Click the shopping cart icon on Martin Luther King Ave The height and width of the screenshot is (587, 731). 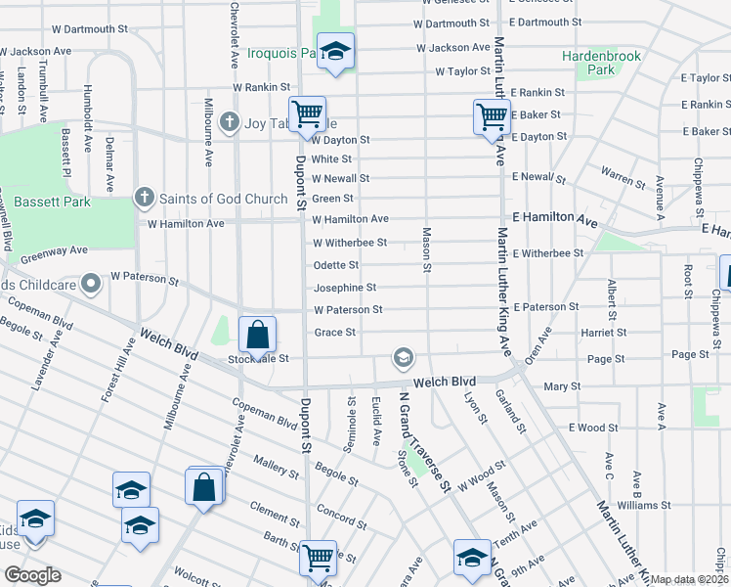[491, 116]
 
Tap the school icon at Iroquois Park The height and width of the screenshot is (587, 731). [335, 52]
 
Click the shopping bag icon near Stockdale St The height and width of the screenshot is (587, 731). [257, 335]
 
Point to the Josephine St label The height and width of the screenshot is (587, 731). [344, 288]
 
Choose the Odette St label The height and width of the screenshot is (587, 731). [336, 265]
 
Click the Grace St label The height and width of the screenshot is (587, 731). [334, 333]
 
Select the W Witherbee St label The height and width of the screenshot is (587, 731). [349, 243]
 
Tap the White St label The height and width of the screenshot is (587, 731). [331, 158]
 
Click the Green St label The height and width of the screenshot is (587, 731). [332, 199]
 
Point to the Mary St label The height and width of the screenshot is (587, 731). [562, 386]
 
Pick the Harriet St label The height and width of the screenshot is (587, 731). [604, 333]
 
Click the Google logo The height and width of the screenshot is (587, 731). [31, 575]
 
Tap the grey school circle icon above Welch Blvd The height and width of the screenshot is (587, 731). [403, 359]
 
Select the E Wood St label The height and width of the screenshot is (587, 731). [594, 428]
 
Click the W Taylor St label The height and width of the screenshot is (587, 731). [462, 71]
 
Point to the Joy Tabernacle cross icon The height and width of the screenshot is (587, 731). [230, 122]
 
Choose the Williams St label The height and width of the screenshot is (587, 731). [643, 505]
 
